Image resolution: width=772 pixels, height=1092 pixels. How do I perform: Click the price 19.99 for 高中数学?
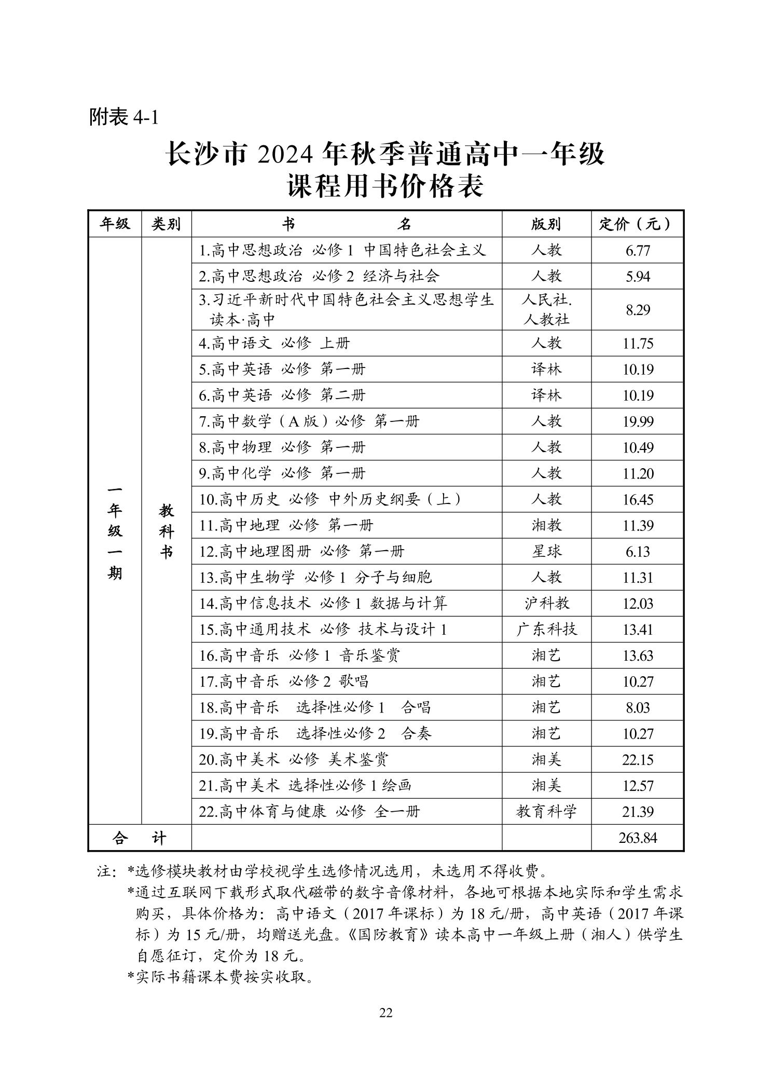point(638,421)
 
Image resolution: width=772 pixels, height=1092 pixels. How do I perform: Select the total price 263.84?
point(638,838)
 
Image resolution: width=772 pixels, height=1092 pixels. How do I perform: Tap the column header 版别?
point(546,224)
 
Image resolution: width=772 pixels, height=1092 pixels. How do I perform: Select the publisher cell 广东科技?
point(546,630)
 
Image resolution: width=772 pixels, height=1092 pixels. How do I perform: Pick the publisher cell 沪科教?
point(546,604)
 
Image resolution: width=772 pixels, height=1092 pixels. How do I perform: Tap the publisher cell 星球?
point(546,552)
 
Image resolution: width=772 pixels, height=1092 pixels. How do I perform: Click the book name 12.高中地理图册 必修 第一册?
point(301,552)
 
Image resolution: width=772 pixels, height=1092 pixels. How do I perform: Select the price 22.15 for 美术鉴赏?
point(638,760)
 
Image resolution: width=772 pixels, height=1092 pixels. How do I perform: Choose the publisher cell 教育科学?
point(546,812)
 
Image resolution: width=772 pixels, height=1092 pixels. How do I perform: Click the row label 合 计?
point(140,838)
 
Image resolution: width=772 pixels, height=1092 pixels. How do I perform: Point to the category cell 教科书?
point(166,531)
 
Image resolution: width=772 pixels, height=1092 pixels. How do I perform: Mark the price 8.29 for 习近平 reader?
point(638,310)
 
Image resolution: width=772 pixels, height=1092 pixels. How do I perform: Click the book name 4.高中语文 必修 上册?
point(274,344)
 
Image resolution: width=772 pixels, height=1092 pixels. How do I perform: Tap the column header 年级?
point(115,224)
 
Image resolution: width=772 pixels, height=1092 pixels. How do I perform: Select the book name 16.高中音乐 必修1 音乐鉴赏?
point(299,656)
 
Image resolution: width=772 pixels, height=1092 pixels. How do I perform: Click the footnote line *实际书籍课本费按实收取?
point(220,978)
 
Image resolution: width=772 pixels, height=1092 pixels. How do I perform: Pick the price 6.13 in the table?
point(638,552)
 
